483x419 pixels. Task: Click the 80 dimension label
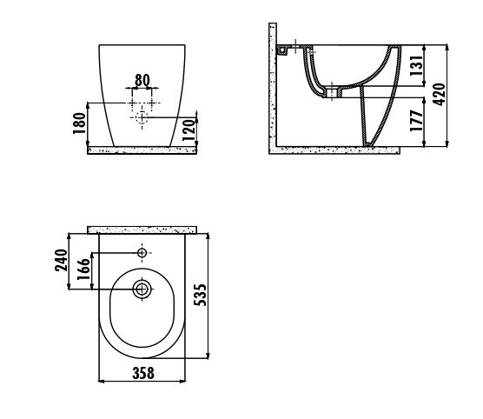click(142, 80)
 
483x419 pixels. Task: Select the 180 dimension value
click(79, 123)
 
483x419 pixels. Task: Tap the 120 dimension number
click(189, 130)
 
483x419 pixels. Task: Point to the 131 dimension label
click(416, 66)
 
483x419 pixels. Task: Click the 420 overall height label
click(439, 95)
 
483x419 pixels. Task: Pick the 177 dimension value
click(416, 121)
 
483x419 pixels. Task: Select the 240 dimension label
click(61, 261)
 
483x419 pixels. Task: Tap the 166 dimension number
click(83, 269)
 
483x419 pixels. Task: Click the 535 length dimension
click(200, 295)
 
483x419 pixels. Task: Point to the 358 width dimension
click(143, 373)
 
